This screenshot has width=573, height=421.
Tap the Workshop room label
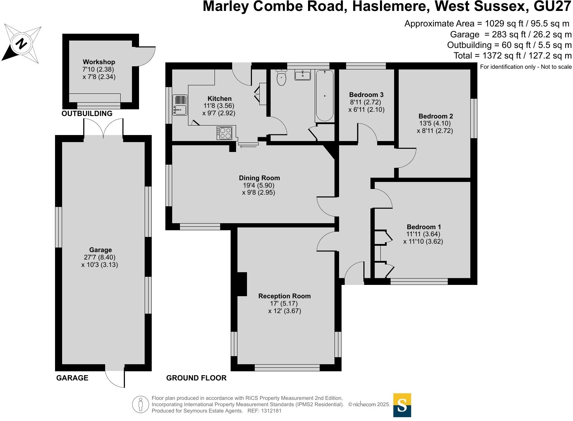(x=99, y=62)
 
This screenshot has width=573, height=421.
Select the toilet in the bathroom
(x=281, y=78)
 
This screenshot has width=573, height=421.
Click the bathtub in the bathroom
(x=325, y=96)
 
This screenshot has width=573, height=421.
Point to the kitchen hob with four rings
(x=224, y=133)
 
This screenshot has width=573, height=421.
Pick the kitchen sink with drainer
(x=180, y=105)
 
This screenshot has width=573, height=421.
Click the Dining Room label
(x=259, y=178)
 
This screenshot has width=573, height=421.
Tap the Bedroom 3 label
(x=366, y=95)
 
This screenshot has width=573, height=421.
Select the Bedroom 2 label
(x=436, y=116)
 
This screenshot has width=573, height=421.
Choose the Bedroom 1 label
(x=424, y=227)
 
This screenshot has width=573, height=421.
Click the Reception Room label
(x=284, y=296)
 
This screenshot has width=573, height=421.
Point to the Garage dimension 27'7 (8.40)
(x=100, y=257)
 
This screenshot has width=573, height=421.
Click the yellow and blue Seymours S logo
(x=402, y=405)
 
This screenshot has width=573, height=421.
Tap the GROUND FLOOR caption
(x=196, y=378)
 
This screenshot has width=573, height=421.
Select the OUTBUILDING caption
(x=87, y=114)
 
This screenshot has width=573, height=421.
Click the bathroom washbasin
(x=303, y=75)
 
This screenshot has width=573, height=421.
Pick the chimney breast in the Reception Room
(x=242, y=284)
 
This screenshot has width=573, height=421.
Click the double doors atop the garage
(x=103, y=129)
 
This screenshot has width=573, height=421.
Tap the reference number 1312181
(x=270, y=411)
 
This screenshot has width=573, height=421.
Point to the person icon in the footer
(x=141, y=404)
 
